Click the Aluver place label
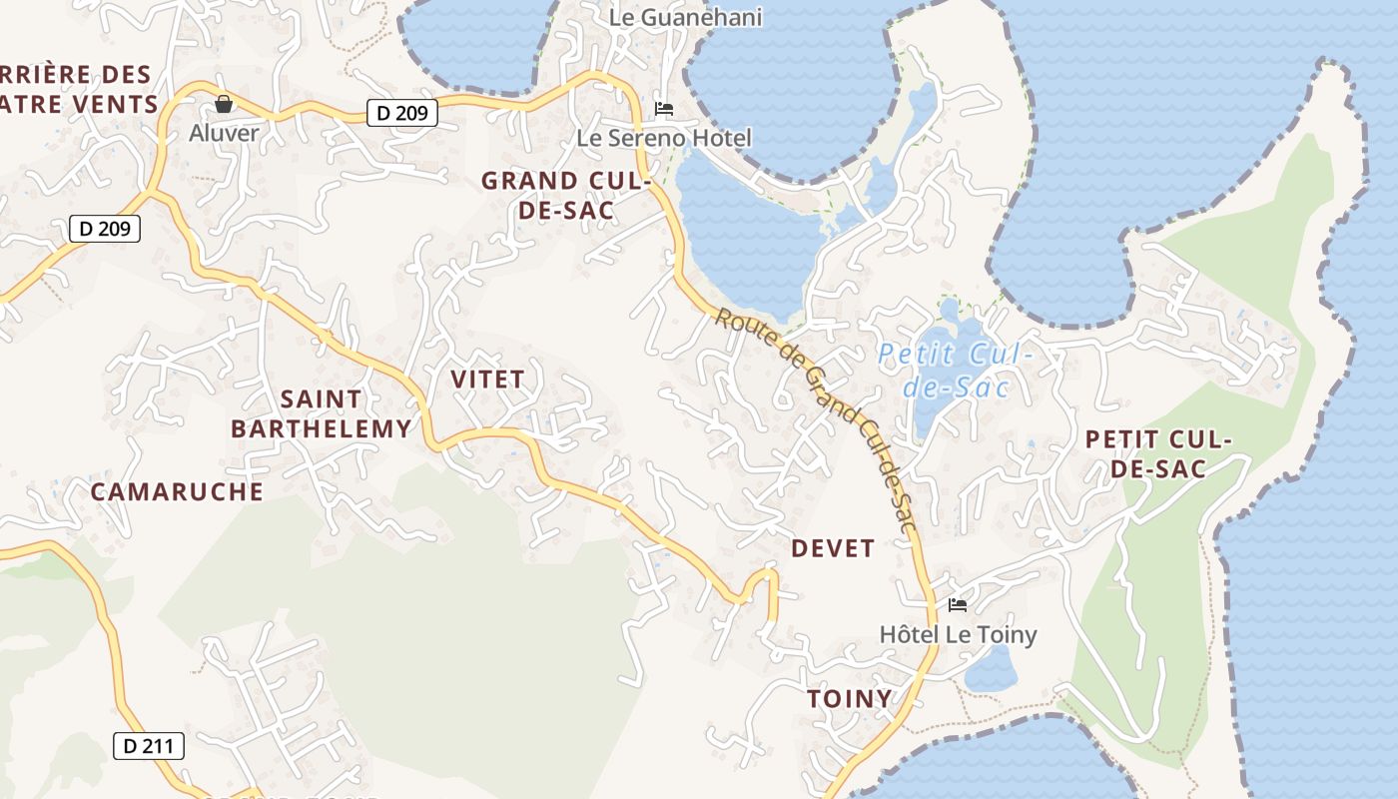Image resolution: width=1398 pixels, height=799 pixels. [224, 133]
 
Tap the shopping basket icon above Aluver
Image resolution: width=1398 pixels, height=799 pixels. [224, 104]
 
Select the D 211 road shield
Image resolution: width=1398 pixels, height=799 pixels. [149, 745]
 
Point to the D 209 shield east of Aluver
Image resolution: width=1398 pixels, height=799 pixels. [402, 113]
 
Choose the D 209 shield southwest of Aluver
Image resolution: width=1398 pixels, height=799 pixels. [105, 229]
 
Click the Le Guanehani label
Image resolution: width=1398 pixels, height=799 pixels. [685, 17]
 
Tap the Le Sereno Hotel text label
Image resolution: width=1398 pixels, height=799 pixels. [664, 138]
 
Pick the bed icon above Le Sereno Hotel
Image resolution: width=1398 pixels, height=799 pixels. [664, 108]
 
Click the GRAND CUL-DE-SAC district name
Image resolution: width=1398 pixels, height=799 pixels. [565, 196]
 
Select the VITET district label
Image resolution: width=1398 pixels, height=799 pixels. [487, 380]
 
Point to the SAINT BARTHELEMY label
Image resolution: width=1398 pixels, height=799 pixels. [321, 413]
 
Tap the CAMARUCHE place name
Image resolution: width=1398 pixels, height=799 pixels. [177, 491]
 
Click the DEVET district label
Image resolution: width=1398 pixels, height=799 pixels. [833, 548]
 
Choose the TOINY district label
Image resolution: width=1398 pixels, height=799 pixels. [850, 698]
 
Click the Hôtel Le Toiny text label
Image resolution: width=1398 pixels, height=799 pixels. [958, 634]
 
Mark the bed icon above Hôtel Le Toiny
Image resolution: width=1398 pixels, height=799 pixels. [958, 604]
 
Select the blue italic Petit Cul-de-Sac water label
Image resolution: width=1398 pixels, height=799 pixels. [956, 370]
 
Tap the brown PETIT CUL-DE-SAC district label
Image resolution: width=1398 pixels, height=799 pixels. [1158, 453]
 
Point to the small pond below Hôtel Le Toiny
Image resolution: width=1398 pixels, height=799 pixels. [991, 670]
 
